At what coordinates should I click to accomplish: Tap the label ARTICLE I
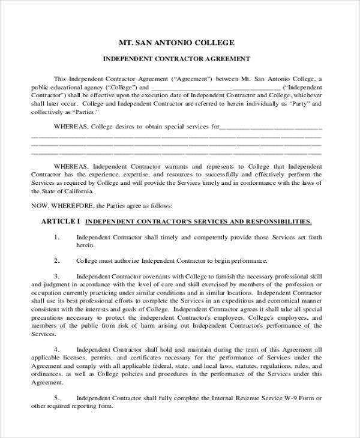pos(60,221)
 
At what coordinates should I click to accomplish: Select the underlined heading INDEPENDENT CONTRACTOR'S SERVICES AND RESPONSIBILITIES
pos(198,221)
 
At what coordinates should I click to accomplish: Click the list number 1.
pos(57,238)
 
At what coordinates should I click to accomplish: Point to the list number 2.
pos(57,261)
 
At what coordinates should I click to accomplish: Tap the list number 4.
pos(57,349)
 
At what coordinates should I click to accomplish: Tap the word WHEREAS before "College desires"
pos(71,127)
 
